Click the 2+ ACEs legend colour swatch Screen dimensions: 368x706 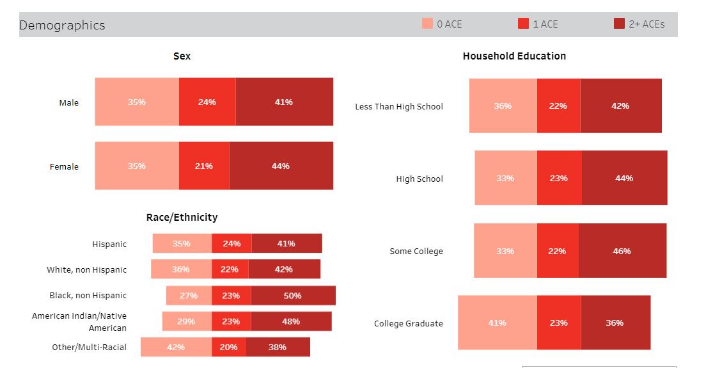(619, 24)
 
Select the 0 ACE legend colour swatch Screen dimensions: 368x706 (427, 24)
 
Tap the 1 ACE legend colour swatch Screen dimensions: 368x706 (523, 24)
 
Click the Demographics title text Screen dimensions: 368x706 (62, 25)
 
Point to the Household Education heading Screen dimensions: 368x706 (514, 56)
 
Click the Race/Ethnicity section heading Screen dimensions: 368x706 (182, 218)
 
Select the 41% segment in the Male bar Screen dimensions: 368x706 (284, 102)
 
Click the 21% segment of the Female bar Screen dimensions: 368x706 (204, 166)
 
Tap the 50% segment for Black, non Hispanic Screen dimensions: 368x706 (293, 296)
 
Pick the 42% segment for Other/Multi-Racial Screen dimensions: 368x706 (176, 347)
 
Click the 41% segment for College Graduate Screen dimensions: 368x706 (497, 323)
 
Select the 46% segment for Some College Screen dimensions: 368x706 (622, 251)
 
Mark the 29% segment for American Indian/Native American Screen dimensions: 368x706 (186, 321)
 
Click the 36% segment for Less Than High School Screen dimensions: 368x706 (503, 106)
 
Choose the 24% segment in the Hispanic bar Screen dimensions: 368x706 (231, 243)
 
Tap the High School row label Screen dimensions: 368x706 (419, 179)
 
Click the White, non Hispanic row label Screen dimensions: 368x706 (86, 269)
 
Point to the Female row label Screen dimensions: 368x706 (64, 166)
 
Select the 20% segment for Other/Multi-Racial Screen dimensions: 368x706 (228, 347)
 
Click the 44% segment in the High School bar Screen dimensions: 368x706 (624, 178)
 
